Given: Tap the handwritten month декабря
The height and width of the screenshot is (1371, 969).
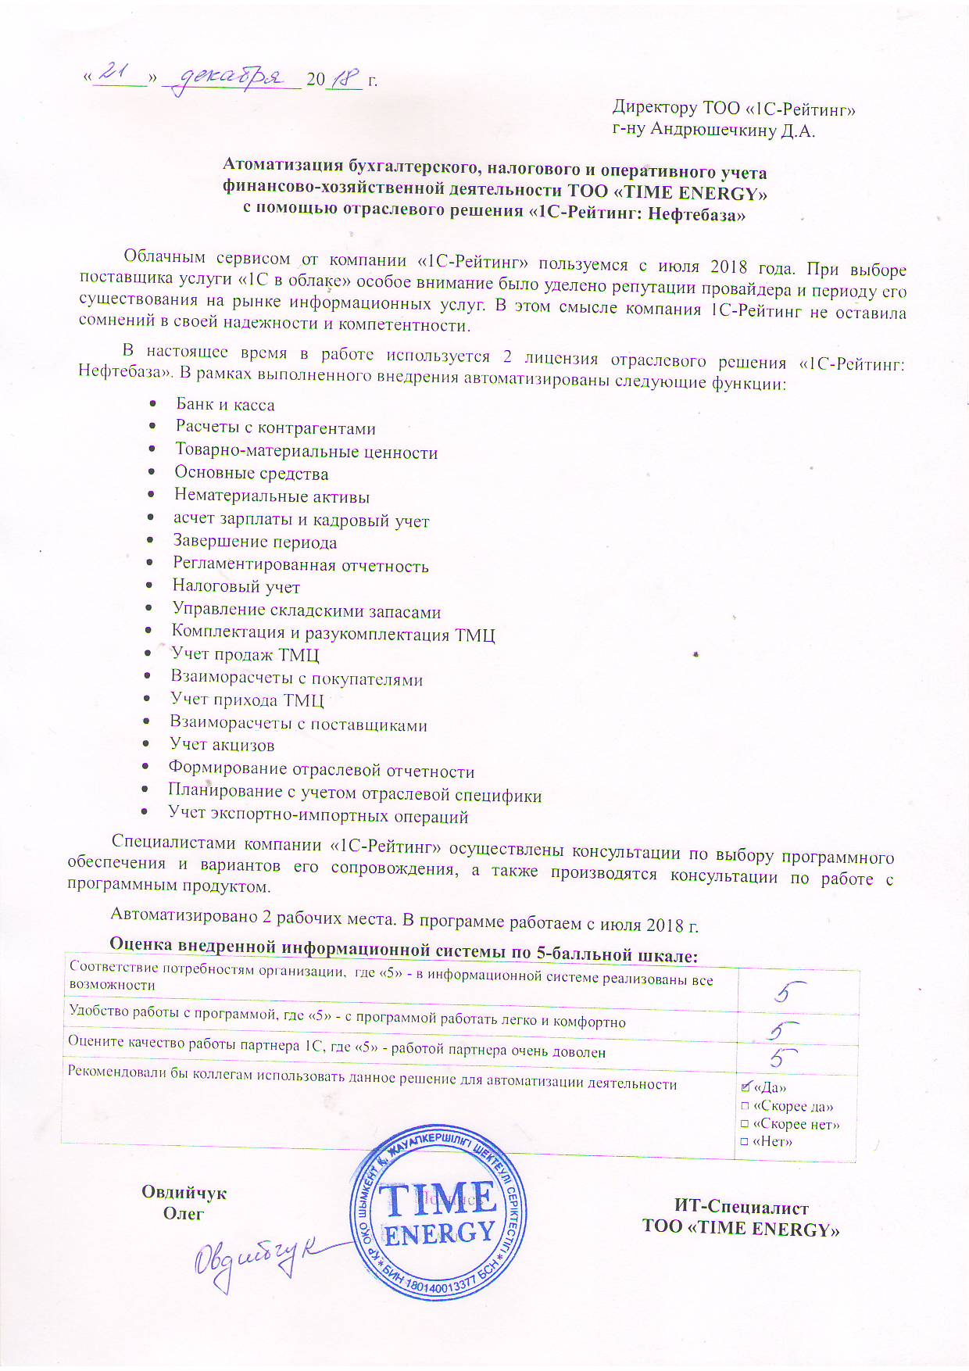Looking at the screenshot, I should coord(230,78).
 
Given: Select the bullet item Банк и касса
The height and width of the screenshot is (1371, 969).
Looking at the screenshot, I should coord(225,405).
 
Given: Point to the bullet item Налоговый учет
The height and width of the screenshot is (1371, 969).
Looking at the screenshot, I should coord(236,587).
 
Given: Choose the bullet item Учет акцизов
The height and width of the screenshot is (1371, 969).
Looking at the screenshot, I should coord(222,745).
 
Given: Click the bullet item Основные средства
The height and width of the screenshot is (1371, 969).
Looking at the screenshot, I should coord(251,474).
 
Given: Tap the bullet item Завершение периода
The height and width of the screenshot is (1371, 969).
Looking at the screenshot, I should coord(255,542).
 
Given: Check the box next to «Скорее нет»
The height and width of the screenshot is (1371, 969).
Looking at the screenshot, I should coord(745,1124).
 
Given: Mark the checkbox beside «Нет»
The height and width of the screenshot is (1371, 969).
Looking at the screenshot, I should coord(745,1142).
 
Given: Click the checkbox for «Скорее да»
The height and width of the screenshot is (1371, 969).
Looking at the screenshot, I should coord(745,1106).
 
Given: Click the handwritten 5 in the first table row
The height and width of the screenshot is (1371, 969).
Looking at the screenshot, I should coord(789,992).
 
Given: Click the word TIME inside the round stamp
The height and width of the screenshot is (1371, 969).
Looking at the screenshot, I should coord(437,1200).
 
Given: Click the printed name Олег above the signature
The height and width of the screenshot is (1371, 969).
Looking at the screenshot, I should coord(184,1214).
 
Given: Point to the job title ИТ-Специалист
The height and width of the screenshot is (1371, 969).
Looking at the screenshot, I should coord(741,1208).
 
